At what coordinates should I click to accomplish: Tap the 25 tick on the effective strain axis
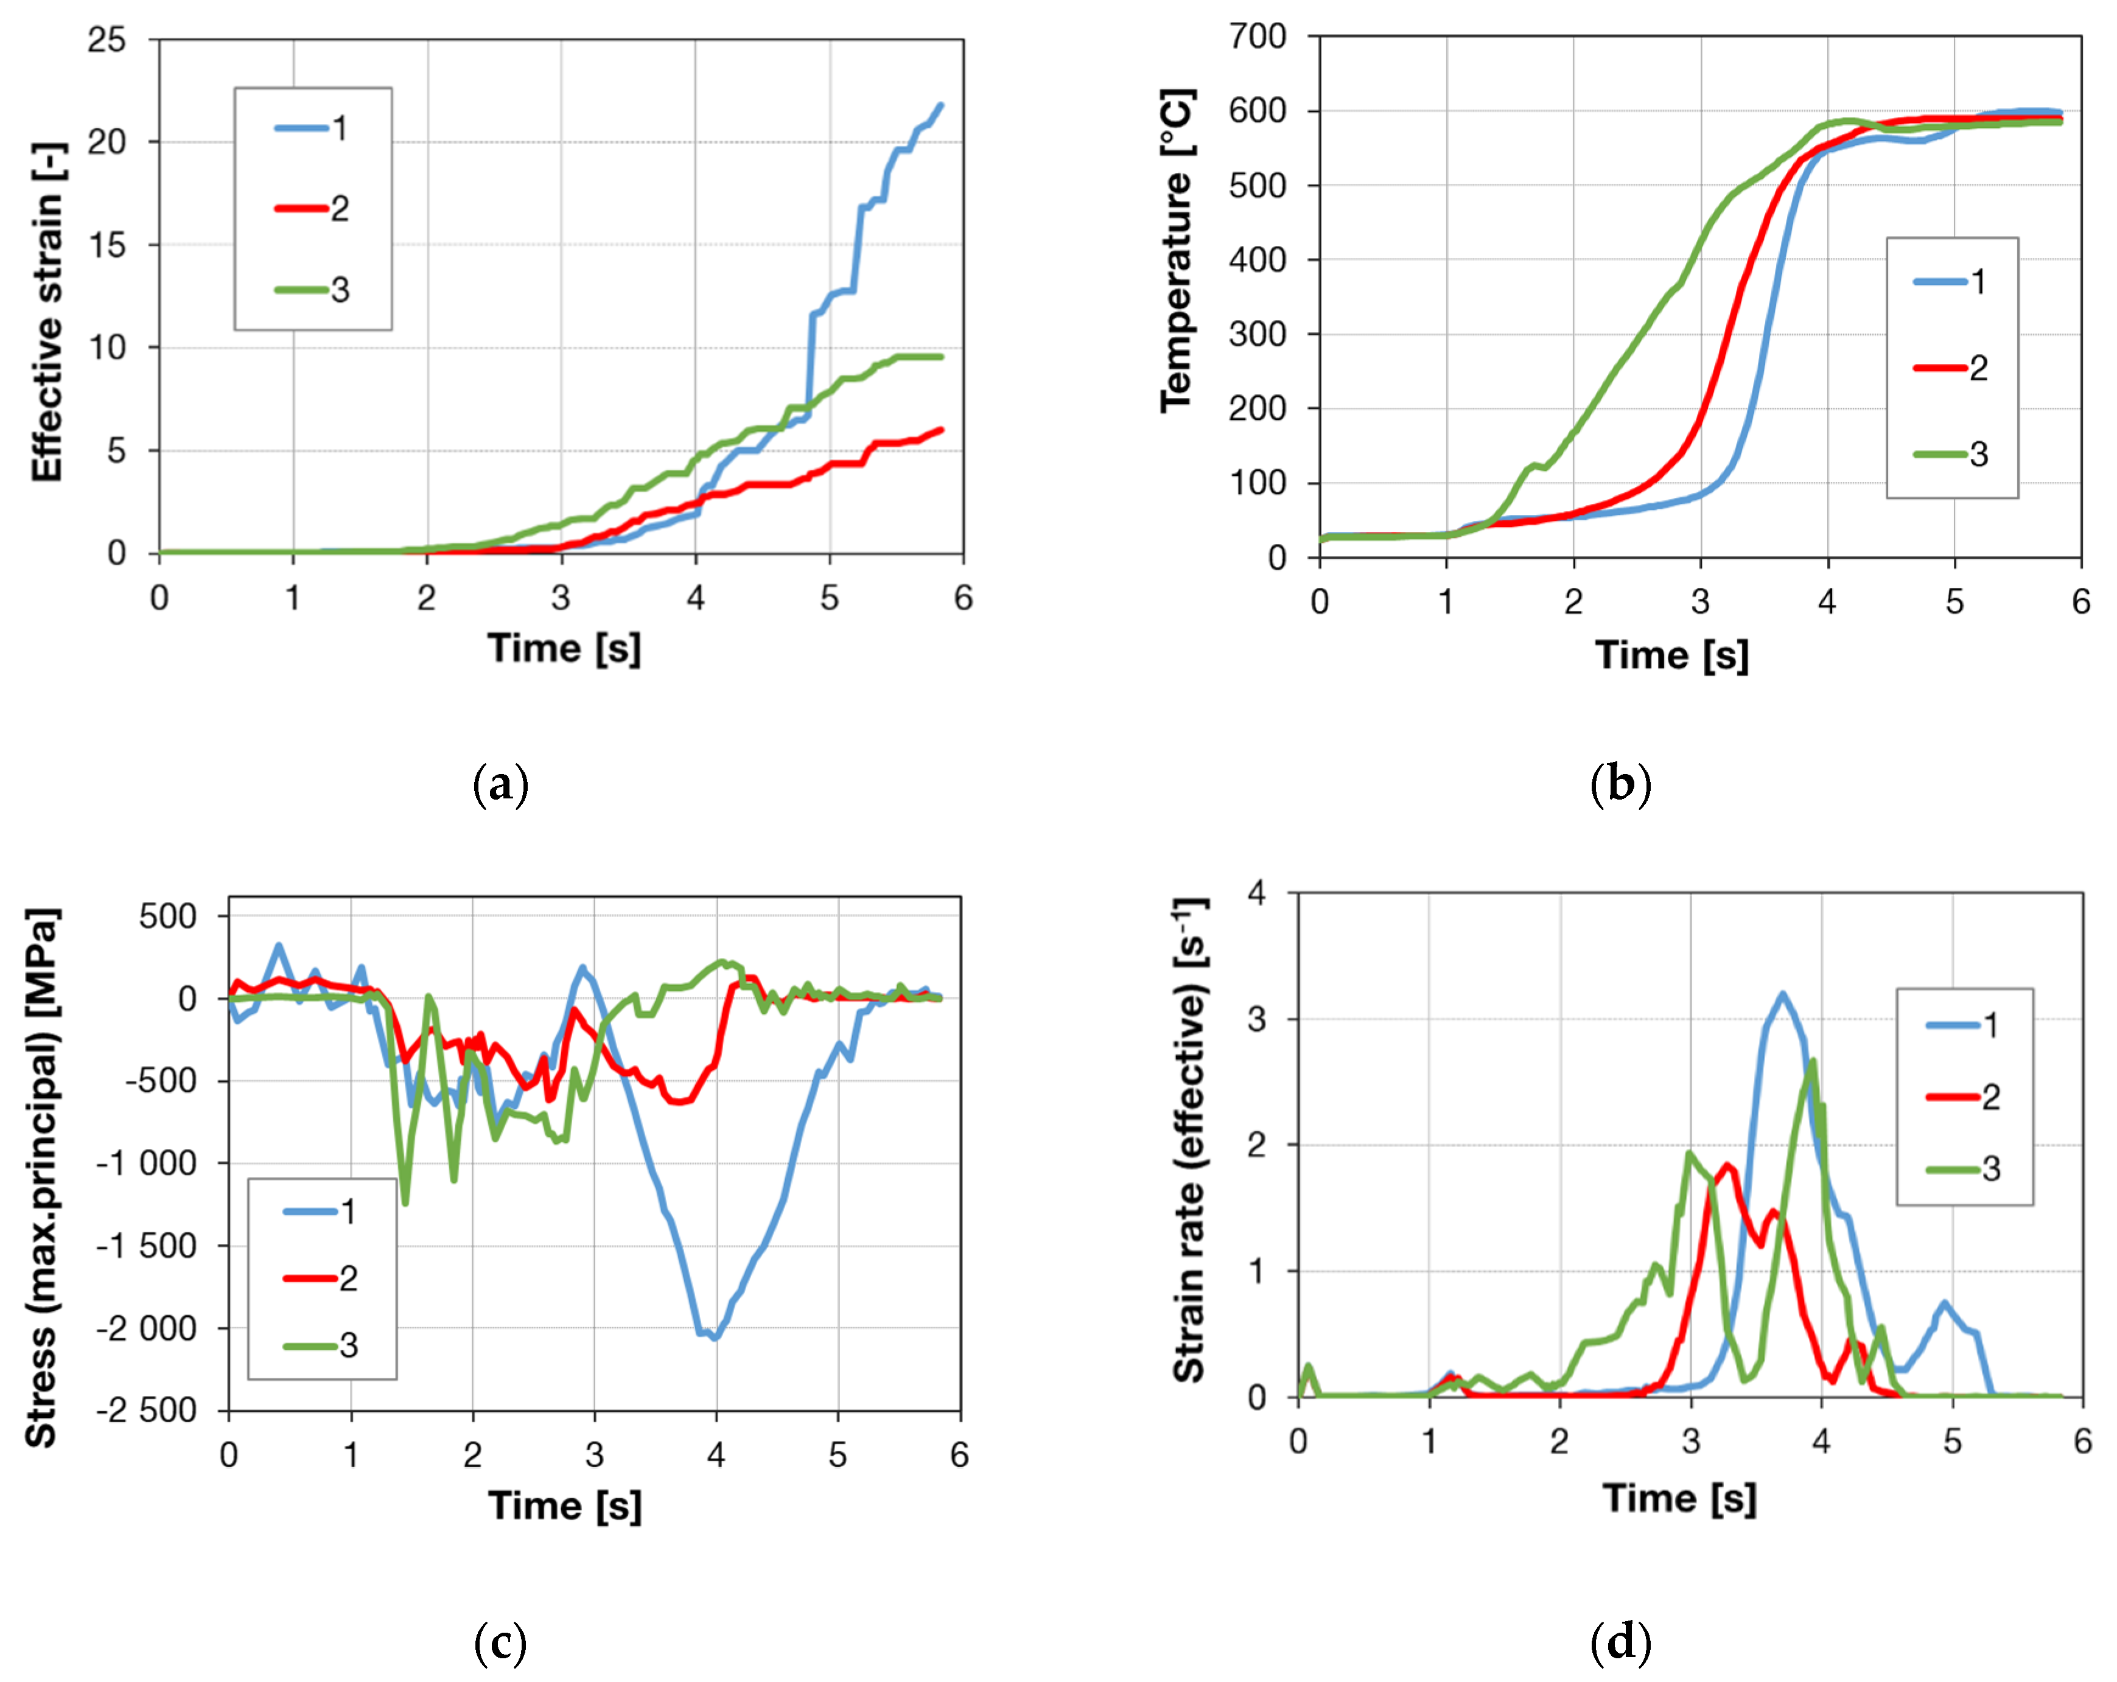[x=107, y=40]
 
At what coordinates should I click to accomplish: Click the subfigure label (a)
[x=501, y=786]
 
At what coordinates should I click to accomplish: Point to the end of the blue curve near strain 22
[x=940, y=106]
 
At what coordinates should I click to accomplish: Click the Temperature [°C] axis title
[x=1177, y=250]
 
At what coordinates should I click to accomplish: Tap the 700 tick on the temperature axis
[x=1257, y=37]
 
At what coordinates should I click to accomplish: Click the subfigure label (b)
[x=1620, y=786]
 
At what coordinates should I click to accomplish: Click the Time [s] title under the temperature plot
[x=1672, y=655]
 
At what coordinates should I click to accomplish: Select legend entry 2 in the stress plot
[x=322, y=1279]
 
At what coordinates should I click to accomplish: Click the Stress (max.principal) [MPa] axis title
[x=41, y=1178]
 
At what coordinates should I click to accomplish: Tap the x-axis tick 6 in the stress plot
[x=959, y=1455]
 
